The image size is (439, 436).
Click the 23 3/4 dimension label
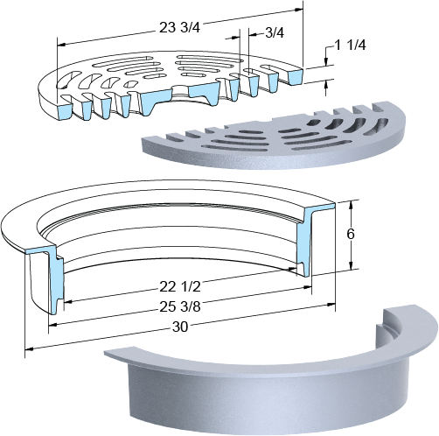click(179, 28)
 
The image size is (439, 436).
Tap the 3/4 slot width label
click(274, 33)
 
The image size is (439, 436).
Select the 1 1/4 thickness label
click(350, 46)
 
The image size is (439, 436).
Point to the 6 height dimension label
click(351, 234)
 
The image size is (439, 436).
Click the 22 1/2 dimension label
click(180, 287)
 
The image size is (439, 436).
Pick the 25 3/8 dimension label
click(180, 306)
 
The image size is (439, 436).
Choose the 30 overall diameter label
click(180, 327)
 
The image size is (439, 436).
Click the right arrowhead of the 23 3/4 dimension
click(299, 10)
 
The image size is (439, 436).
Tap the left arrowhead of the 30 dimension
click(30, 348)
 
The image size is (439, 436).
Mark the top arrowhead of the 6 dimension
click(352, 204)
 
